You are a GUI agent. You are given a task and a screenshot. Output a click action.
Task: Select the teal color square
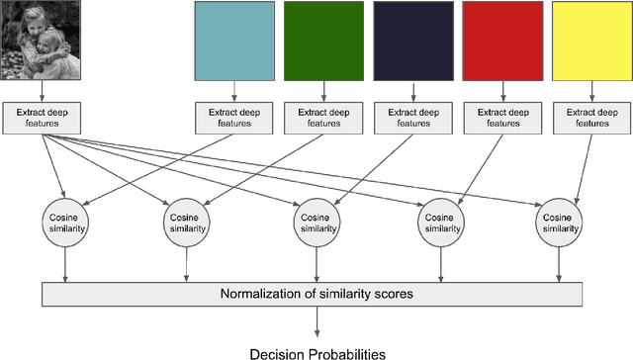pos(233,41)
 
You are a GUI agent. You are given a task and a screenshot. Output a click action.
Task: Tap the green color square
pos(323,41)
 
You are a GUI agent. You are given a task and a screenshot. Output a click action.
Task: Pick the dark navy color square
pos(412,41)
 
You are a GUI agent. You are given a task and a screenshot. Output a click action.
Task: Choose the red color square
pos(502,41)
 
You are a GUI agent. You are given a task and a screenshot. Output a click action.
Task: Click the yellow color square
pos(591,41)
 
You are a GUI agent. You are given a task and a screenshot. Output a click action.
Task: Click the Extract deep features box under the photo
pos(43,117)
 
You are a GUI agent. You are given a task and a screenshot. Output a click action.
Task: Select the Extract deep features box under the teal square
pos(233,117)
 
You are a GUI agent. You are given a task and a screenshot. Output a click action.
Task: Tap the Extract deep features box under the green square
pos(323,117)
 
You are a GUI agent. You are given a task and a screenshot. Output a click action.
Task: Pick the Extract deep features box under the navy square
pos(412,117)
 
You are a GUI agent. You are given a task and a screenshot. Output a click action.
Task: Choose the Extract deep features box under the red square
pos(502,117)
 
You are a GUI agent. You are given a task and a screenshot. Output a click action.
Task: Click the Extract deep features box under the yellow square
pos(591,117)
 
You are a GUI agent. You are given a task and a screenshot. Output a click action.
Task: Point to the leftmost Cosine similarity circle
pos(65,222)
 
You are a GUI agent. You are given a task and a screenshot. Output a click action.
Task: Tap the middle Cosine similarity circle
pos(316,222)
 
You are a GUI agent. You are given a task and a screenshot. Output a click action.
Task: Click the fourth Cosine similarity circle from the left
pos(437,222)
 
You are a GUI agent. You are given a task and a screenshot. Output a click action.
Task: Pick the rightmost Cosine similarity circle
pos(560,222)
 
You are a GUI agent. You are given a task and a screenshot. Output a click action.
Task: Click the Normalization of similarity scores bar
pos(316,294)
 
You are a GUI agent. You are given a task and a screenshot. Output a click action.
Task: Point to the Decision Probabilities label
pos(316,351)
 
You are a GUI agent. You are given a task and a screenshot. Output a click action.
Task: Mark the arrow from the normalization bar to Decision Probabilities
pos(316,321)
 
